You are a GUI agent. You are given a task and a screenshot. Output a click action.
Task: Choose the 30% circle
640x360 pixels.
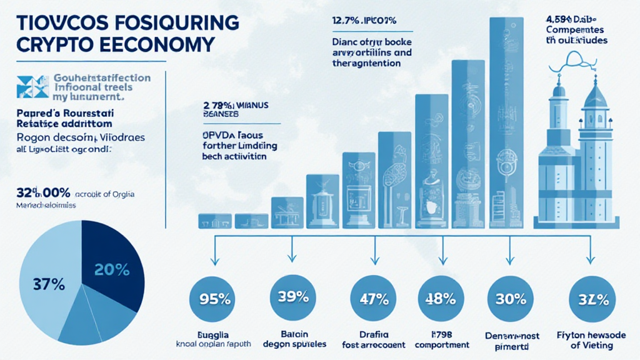pyautogui.click(x=510, y=297)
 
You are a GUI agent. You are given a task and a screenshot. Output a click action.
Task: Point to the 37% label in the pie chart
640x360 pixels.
pyautogui.click(x=49, y=283)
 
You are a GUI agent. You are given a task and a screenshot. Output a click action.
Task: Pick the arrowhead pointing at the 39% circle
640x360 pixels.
pyautogui.click(x=291, y=257)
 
